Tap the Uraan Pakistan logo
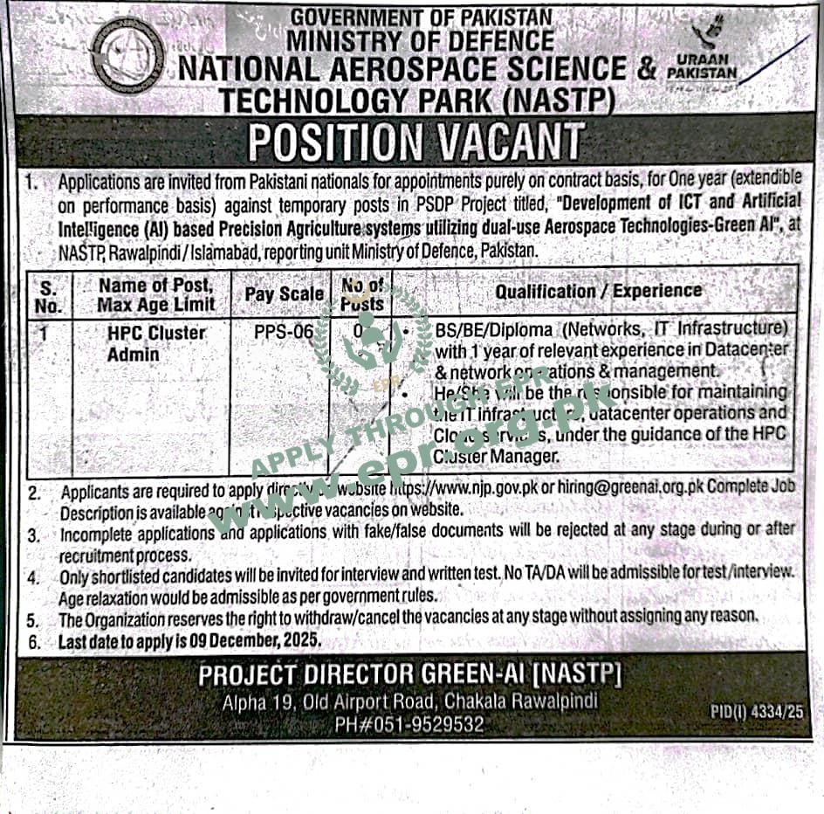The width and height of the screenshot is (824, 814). tap(702, 56)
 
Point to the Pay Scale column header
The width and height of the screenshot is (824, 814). tap(284, 294)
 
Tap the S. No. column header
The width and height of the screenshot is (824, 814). tap(50, 296)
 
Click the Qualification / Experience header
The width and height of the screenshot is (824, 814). tap(598, 291)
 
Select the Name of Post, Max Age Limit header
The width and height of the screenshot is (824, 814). tap(154, 295)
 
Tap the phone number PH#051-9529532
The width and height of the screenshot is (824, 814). tap(409, 723)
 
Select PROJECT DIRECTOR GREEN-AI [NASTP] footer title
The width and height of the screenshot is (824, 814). tap(409, 675)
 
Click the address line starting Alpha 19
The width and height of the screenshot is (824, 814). tap(409, 701)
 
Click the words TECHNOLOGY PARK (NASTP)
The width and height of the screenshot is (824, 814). tap(417, 100)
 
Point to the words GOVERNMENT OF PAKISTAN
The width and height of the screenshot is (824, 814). tap(421, 17)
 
